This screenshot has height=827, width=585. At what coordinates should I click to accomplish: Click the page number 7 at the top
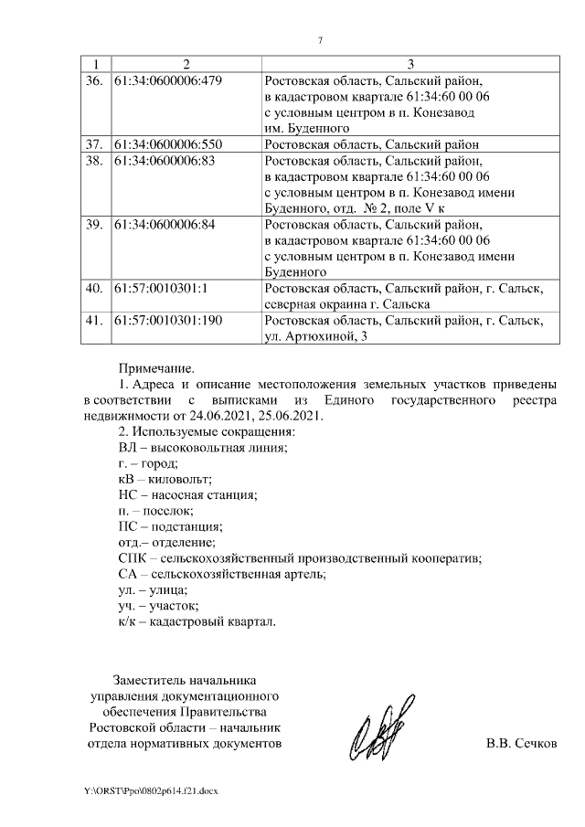[x=320, y=41]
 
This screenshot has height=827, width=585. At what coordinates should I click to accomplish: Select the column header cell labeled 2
[x=186, y=64]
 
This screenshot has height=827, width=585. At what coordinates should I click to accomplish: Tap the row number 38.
[x=92, y=161]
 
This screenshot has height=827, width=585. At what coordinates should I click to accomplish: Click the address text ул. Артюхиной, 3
[x=316, y=337]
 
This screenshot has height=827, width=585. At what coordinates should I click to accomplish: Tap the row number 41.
[x=92, y=321]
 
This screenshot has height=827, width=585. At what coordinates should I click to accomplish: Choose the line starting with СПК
[x=300, y=557]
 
